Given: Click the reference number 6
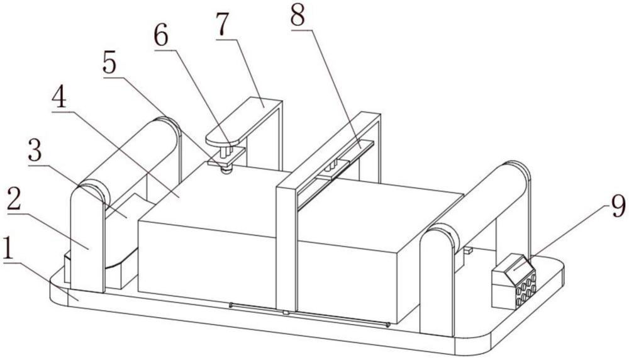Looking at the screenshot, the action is click(161, 37).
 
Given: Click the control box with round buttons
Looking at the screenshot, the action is click(514, 282).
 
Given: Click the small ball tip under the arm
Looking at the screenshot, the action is click(226, 171).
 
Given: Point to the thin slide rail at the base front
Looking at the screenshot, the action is click(309, 315).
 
